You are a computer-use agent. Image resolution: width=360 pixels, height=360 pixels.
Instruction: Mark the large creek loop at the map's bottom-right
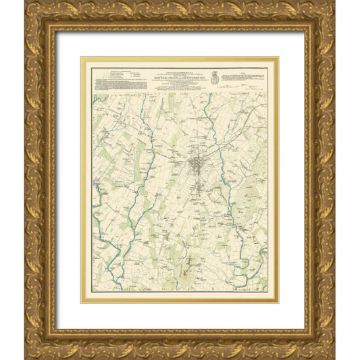click(x=240, y=267)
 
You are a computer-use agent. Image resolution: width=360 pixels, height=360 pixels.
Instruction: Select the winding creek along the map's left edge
click(x=101, y=223)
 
